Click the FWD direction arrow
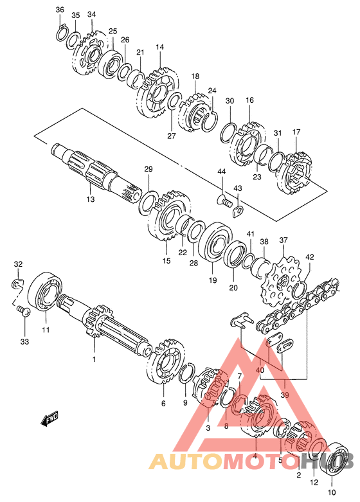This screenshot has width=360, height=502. click(x=50, y=420)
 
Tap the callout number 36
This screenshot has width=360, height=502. click(x=60, y=10)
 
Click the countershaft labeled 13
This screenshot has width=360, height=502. click(x=96, y=172)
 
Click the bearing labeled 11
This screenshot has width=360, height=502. click(x=46, y=291)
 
